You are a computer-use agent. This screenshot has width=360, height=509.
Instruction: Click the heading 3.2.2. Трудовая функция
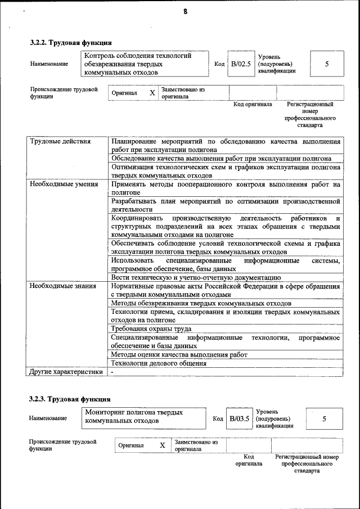(x=70, y=42)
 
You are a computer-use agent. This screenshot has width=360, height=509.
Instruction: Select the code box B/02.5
(x=241, y=64)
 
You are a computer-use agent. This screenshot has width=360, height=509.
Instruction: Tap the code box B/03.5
(x=239, y=419)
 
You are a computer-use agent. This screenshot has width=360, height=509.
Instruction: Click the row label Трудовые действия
(x=60, y=142)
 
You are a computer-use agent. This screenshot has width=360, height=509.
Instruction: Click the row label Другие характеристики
(x=66, y=372)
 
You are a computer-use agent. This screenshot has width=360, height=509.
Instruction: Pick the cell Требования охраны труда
(x=151, y=328)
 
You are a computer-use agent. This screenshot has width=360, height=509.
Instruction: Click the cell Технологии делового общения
(x=159, y=363)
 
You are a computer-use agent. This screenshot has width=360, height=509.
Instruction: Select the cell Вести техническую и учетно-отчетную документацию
(x=196, y=277)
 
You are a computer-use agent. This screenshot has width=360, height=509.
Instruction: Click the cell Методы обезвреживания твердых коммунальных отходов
(x=201, y=303)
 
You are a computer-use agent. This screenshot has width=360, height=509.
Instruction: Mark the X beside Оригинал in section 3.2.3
(x=162, y=445)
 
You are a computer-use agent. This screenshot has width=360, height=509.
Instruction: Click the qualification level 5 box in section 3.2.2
(x=327, y=64)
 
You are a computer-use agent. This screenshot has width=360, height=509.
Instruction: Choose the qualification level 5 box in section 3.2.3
(x=324, y=419)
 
